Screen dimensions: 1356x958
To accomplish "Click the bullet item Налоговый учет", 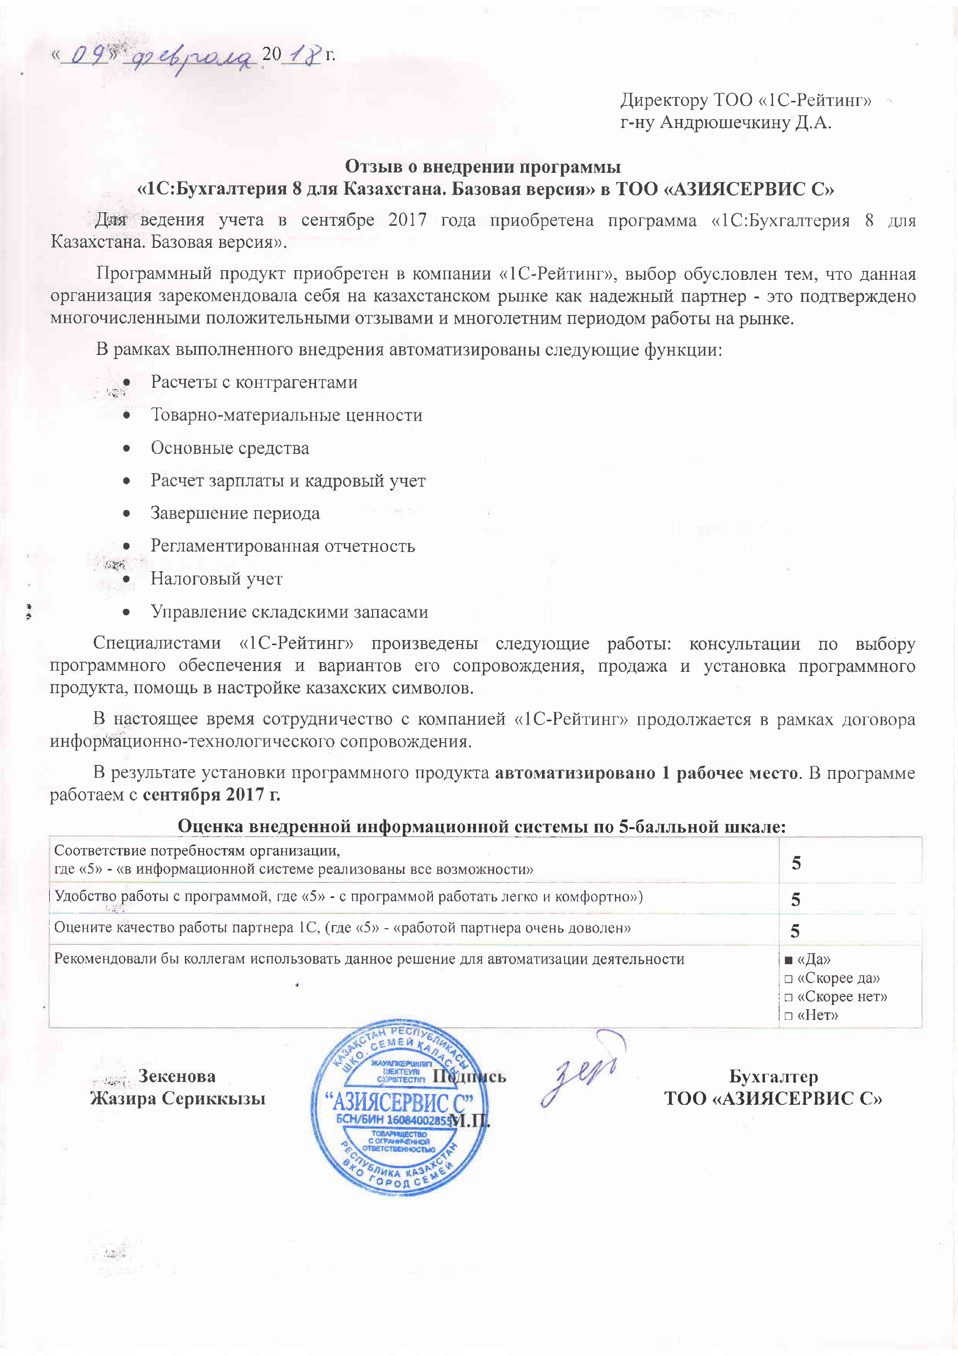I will (x=216, y=579).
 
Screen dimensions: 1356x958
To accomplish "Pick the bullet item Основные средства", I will (x=230, y=448).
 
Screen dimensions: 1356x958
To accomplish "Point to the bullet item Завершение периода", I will (x=235, y=513).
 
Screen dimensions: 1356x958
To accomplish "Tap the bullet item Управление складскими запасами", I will (x=289, y=612).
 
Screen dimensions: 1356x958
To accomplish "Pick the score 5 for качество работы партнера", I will (x=795, y=931).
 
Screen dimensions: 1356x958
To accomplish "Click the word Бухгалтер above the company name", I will (x=773, y=1077).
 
